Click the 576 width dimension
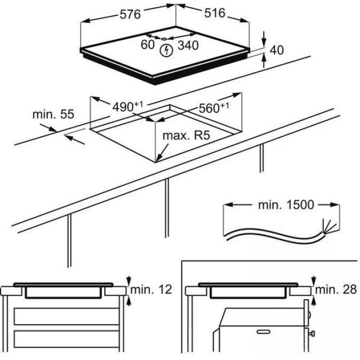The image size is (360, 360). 130,14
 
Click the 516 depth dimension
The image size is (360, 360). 214,13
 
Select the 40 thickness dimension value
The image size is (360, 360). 277,50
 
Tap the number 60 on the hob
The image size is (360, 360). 148,44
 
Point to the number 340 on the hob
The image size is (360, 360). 188,45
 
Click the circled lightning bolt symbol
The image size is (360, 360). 166,50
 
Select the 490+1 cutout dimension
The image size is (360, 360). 128,106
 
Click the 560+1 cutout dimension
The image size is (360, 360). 214,107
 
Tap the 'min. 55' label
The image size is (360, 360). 53,114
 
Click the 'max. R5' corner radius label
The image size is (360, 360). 186,135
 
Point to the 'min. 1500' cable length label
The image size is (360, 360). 286,205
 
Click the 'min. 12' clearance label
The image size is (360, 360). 151,290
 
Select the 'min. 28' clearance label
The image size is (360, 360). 336,290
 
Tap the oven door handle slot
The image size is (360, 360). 263,332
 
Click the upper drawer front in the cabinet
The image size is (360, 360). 66,316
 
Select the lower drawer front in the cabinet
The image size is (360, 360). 66,339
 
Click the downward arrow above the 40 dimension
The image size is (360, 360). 264,39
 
